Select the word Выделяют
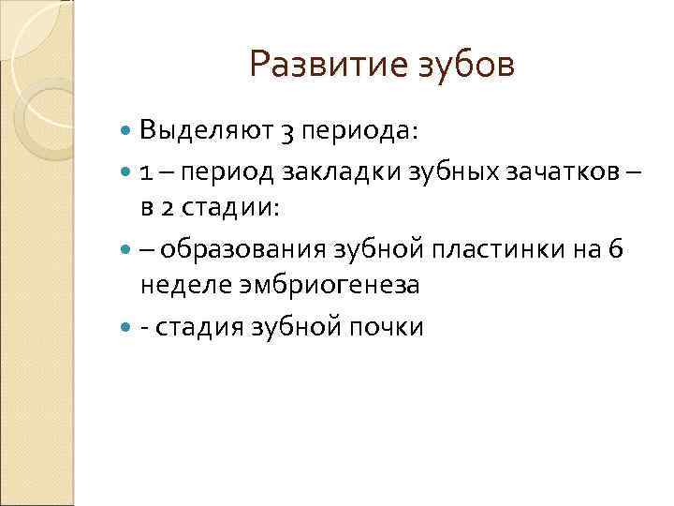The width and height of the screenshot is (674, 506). pyautogui.click(x=205, y=131)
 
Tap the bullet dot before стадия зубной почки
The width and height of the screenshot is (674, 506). pyautogui.click(x=127, y=327)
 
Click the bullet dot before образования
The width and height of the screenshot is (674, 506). pyautogui.click(x=127, y=249)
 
